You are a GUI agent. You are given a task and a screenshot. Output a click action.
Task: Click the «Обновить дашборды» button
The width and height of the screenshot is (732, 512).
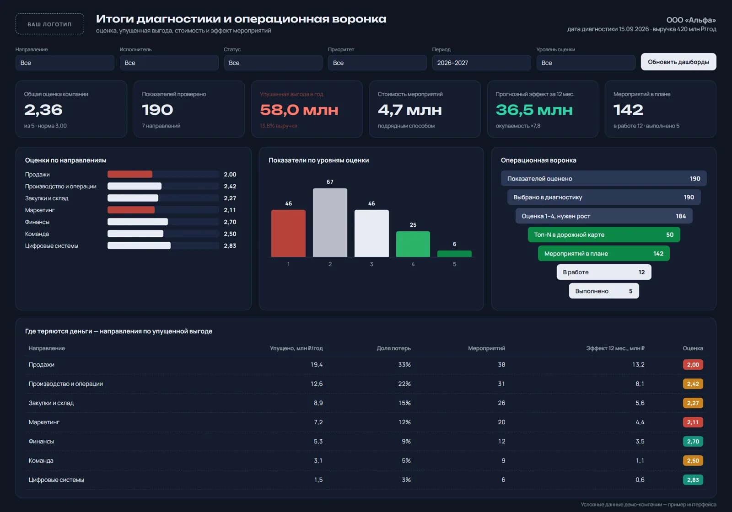click(678, 62)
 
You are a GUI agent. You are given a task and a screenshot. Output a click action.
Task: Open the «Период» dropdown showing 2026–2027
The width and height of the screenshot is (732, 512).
click(481, 63)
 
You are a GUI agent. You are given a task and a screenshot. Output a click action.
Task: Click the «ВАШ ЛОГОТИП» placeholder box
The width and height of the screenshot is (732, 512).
click(50, 24)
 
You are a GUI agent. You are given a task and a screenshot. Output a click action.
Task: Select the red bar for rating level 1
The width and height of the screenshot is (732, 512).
click(288, 233)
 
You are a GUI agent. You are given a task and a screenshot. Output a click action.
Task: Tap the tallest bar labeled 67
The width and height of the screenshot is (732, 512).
click(330, 222)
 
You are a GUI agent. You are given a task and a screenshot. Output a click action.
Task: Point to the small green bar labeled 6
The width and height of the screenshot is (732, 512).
click(454, 254)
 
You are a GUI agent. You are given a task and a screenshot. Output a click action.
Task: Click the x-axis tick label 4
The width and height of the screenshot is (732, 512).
click(413, 264)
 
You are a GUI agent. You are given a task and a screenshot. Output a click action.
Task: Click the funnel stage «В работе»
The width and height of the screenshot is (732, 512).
click(604, 272)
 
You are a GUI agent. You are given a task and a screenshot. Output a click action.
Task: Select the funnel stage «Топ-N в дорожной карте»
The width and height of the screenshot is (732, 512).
click(604, 235)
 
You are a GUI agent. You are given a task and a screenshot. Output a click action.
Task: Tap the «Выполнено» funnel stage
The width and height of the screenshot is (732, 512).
click(604, 291)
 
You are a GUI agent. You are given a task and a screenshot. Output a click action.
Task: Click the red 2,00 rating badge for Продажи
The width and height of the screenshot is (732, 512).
click(693, 364)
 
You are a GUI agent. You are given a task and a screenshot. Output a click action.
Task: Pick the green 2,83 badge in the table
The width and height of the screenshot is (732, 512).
click(693, 480)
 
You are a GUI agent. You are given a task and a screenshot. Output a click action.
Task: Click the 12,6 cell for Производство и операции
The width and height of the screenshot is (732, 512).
click(316, 384)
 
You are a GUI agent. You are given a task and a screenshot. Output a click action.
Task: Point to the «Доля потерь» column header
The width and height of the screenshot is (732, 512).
click(393, 348)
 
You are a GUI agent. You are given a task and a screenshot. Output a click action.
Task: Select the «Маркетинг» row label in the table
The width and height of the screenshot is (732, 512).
click(44, 422)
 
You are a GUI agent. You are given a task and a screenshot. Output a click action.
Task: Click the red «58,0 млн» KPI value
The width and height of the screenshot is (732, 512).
click(299, 110)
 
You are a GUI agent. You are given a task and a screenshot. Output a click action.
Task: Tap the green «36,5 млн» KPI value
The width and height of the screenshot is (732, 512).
click(534, 110)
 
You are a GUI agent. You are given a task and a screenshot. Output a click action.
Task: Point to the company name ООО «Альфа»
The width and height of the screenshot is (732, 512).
click(691, 20)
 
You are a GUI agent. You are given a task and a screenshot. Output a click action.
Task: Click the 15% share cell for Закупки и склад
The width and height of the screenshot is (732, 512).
click(404, 403)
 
